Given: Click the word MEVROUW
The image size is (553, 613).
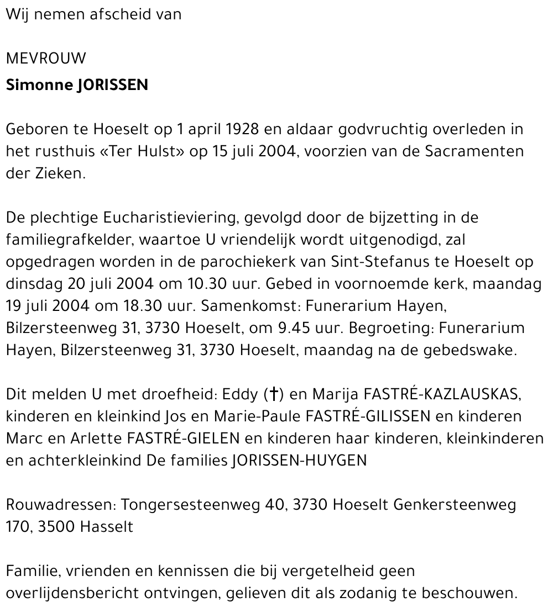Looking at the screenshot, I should (46, 59).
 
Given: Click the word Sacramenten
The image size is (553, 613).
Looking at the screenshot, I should (474, 151).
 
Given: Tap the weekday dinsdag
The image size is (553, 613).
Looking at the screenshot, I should (34, 284).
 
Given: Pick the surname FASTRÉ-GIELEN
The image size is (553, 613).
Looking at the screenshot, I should (183, 438).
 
